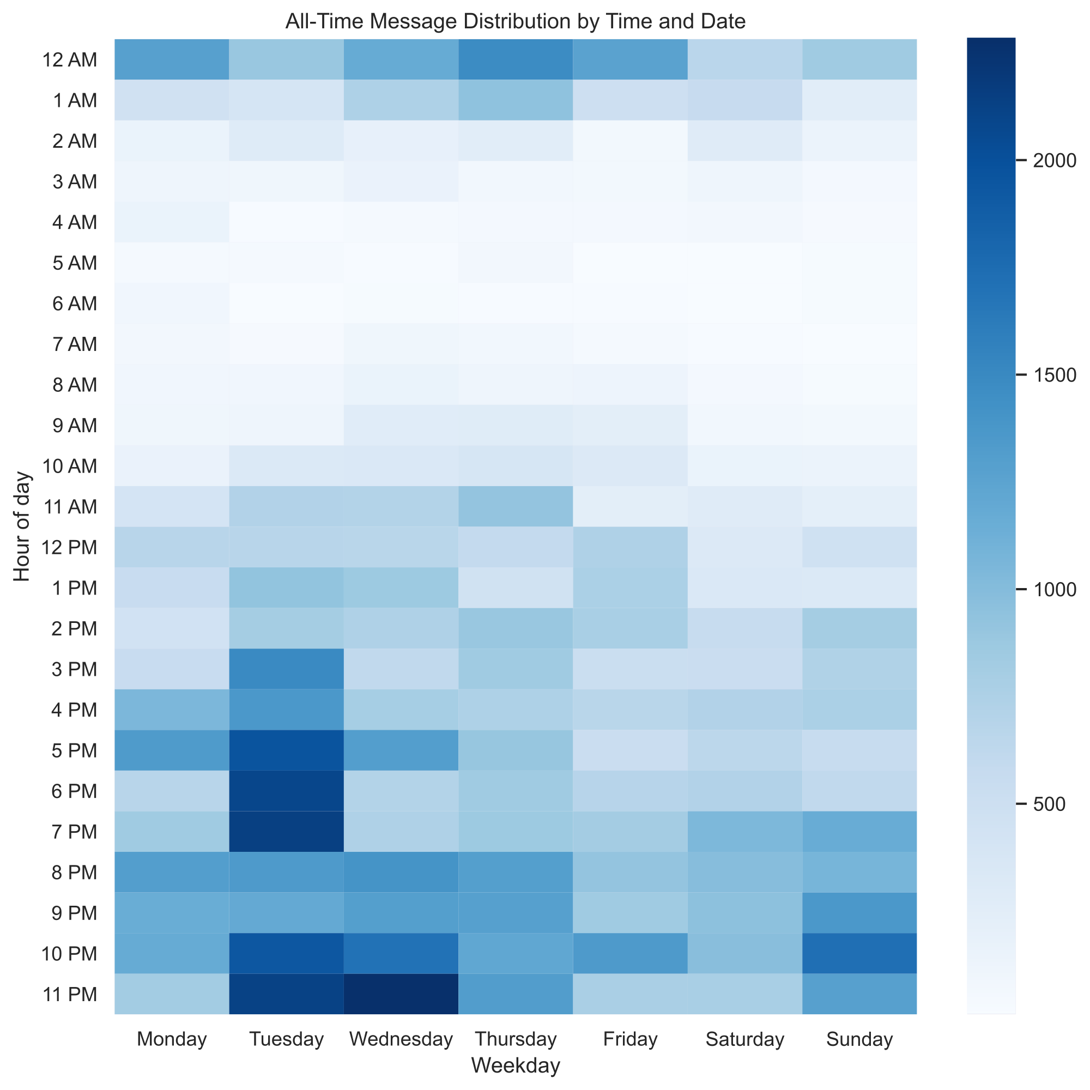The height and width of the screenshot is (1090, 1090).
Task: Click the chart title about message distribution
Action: coord(515,21)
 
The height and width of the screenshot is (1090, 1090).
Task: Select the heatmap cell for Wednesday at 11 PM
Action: coord(401,994)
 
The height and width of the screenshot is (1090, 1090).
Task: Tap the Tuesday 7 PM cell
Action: coord(286,832)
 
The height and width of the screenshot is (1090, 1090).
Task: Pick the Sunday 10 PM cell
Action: coord(859,953)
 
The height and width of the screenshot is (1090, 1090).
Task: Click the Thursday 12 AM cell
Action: coord(515,59)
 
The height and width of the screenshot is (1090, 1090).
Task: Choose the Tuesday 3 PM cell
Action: coord(286,669)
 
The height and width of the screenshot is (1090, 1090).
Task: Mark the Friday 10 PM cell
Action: coord(630,953)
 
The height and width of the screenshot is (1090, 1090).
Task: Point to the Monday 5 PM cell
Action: coord(172,750)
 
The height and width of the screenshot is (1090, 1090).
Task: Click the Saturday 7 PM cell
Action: coord(744,832)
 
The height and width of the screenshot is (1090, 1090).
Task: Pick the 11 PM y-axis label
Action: coord(69,994)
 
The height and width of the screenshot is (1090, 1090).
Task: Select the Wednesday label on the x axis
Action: coord(401,1039)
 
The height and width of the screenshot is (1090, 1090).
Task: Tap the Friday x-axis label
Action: coord(630,1039)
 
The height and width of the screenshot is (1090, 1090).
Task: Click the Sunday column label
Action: coord(859,1039)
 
